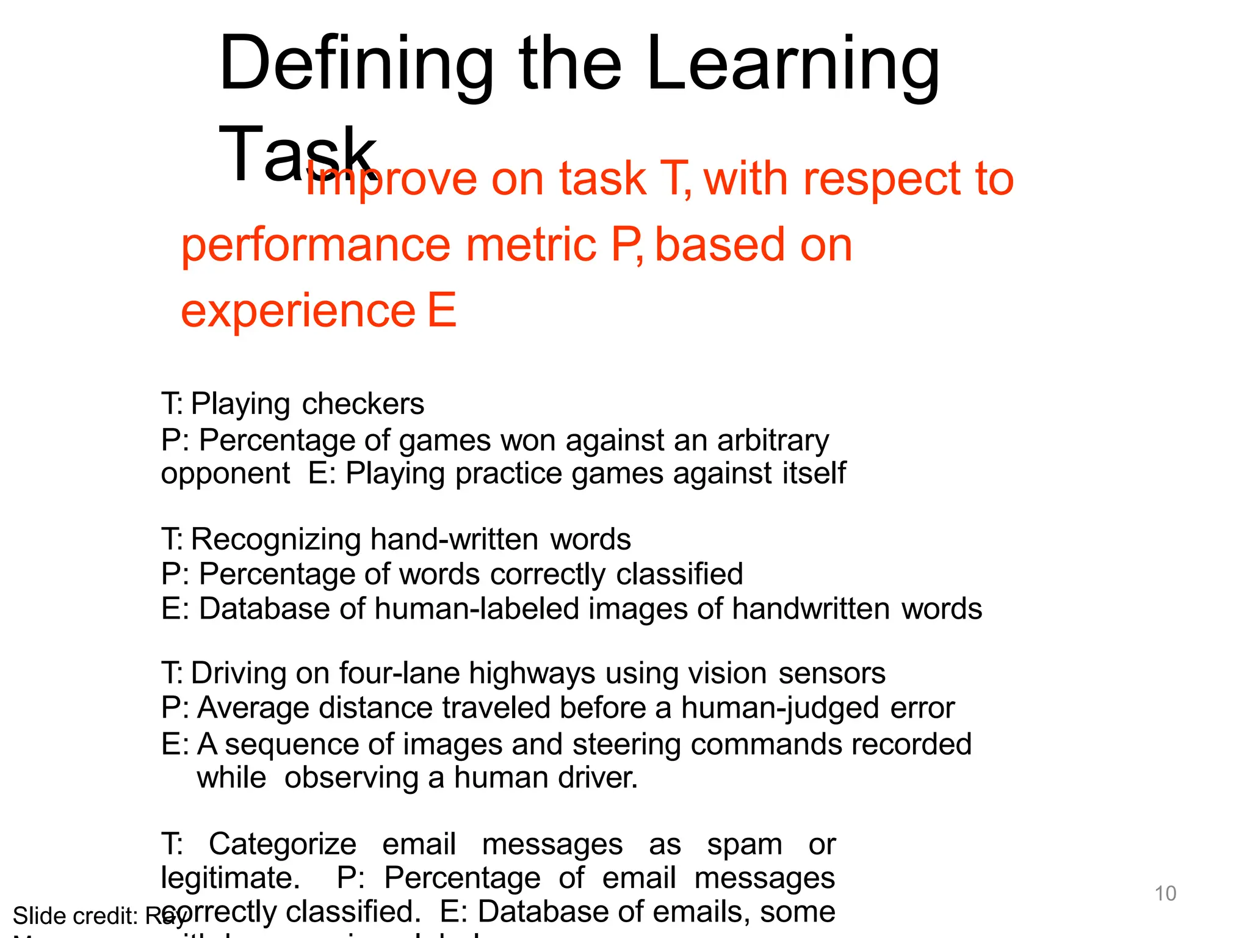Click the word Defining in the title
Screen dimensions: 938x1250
coord(356,65)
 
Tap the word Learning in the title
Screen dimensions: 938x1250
coord(793,65)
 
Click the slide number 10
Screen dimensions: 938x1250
coord(1165,893)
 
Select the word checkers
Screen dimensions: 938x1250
coord(363,404)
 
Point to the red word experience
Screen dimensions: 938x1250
coord(298,310)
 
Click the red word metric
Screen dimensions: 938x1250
coord(531,245)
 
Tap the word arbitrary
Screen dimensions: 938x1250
coord(773,440)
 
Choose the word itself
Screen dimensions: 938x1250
coord(816,473)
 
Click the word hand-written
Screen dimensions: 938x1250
coord(454,539)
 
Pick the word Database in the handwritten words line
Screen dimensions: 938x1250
coord(283,609)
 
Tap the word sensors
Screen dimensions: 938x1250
coord(832,673)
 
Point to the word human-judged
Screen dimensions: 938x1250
coord(781,708)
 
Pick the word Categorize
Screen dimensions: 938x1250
coord(283,845)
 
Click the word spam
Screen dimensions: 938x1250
coord(745,845)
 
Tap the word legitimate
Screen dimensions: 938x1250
coord(230,878)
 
